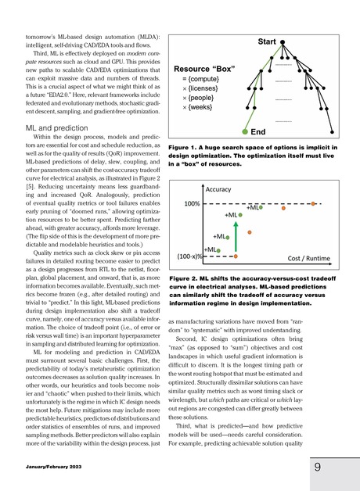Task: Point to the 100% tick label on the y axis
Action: [194, 203]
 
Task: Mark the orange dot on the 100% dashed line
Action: [312, 203]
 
